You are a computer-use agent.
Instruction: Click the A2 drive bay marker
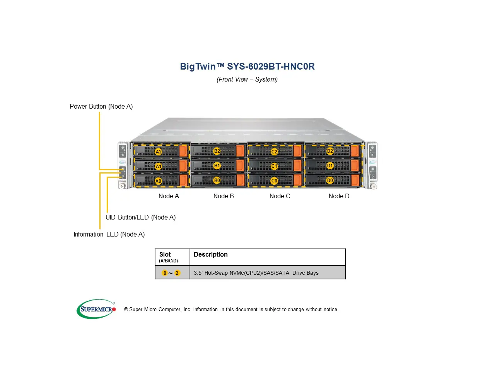coord(159,151)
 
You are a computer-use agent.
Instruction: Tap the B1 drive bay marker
coord(217,166)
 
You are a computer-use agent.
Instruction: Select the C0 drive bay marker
coord(274,181)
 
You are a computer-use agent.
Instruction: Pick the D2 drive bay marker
coord(330,151)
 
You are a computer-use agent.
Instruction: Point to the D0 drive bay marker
coord(330,180)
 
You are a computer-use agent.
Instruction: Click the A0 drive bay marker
coord(158,181)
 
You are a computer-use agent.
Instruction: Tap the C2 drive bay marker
coord(274,151)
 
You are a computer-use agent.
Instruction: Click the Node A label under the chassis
coord(169,196)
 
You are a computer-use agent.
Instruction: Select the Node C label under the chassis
coord(280,196)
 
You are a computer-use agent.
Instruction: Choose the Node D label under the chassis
coord(339,196)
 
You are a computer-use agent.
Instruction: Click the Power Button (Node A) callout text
coord(101,107)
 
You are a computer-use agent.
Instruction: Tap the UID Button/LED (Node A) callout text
coord(140,218)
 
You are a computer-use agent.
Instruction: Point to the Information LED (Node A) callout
coord(109,235)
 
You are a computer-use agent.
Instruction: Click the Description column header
coord(210,255)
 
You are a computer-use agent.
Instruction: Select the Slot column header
coord(165,255)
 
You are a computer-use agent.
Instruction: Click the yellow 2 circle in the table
coord(177,273)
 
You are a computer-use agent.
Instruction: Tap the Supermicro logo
coord(96,309)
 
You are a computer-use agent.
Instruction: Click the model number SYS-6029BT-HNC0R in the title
coord(271,66)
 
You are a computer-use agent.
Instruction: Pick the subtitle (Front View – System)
coord(247,80)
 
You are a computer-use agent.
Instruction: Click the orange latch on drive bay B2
coord(240,151)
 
